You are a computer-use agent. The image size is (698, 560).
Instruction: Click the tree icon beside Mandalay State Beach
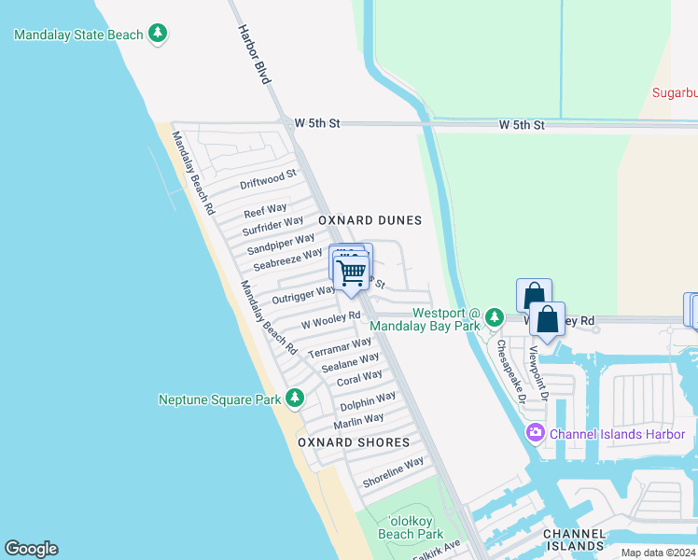[159, 35]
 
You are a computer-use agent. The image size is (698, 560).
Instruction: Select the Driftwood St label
[268, 178]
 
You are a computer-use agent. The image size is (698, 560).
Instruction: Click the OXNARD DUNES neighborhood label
[370, 220]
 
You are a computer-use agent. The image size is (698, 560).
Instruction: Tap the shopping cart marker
[352, 273]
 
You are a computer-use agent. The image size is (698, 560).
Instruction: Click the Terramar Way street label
[340, 348]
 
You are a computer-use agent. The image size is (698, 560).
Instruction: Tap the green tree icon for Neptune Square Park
[295, 399]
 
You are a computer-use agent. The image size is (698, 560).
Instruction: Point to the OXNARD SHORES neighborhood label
[354, 442]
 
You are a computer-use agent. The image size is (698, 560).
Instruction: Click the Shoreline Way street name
[393, 471]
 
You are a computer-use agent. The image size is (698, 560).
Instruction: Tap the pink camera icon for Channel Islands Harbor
[535, 432]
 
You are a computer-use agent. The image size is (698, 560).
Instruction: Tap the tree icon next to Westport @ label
[495, 319]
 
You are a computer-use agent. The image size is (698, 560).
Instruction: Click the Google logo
[31, 549]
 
